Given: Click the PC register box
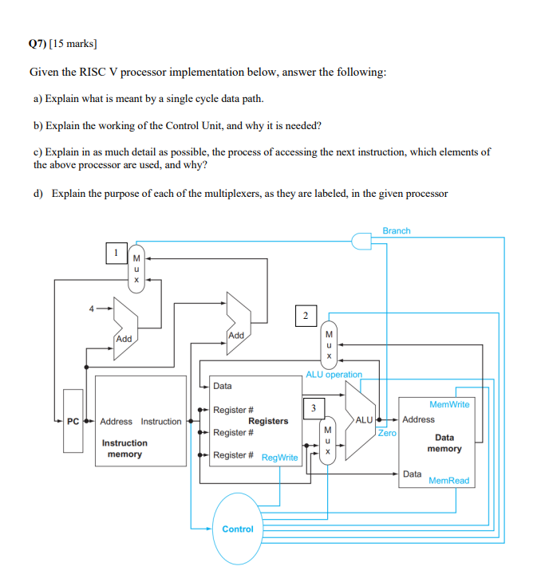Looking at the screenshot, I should pos(73,421).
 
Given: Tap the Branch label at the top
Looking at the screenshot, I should pos(396,231).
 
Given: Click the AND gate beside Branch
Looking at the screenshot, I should pos(362,242).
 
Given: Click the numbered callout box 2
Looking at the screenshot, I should pos(304,315).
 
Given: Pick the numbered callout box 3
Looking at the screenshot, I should pos(313,408).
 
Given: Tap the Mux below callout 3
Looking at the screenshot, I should pos(326,441).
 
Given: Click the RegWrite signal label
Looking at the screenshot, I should pos(279,458).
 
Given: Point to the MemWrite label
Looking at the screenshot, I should pos(449,404).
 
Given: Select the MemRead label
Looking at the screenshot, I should pos(448,481).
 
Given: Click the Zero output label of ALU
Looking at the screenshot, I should pos(386,433).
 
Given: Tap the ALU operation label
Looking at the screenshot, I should pos(334,375).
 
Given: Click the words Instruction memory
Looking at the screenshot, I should pos(124,448).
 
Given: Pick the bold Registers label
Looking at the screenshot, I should pos(268,421).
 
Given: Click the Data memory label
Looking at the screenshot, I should pos(444,442).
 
